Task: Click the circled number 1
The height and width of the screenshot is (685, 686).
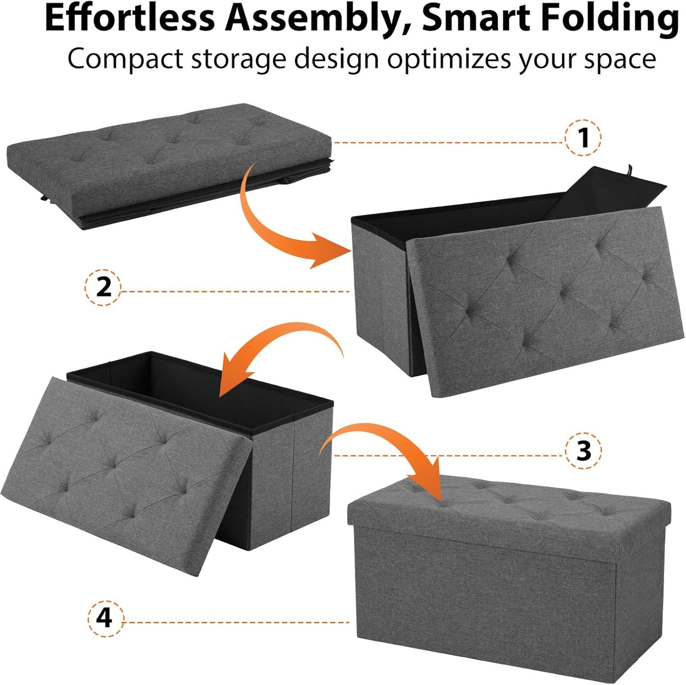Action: [583, 138]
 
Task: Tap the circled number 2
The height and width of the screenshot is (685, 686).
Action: [103, 287]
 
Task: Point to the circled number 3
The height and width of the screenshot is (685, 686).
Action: [583, 450]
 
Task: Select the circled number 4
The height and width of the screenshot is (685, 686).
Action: [104, 618]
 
